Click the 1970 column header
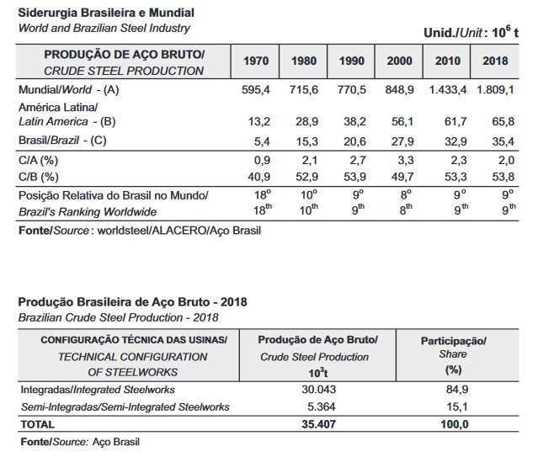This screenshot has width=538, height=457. tap(256, 62)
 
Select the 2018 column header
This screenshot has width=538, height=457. tap(495, 62)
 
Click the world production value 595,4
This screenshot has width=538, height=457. tap(253, 88)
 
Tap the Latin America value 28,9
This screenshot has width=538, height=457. tap(306, 121)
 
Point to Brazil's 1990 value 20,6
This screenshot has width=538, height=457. tap(354, 140)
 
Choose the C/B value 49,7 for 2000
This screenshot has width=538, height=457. tap(402, 177)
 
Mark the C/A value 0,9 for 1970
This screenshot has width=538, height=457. tap(258, 160)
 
